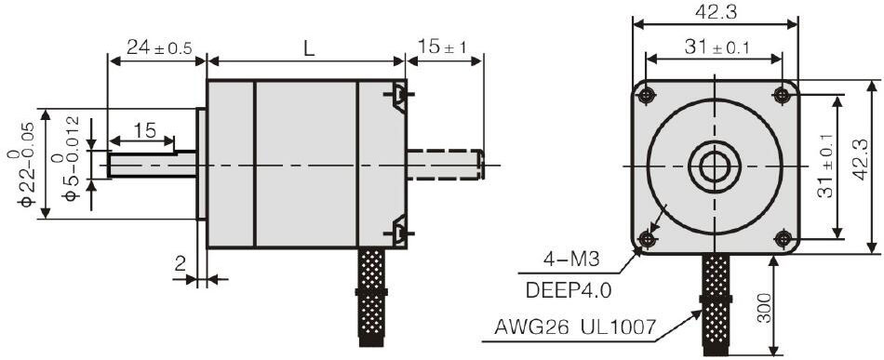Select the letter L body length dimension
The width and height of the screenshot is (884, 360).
coord(307,47)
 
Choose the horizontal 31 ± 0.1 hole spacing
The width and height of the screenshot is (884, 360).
coord(715,47)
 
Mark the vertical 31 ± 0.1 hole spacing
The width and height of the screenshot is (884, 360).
coord(824,166)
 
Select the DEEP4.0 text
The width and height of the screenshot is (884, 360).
coord(569,289)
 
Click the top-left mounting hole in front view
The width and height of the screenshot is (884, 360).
coord(646,93)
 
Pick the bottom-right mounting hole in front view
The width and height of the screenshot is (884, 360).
coord(784,240)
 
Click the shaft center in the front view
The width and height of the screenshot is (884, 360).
coord(715,167)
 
